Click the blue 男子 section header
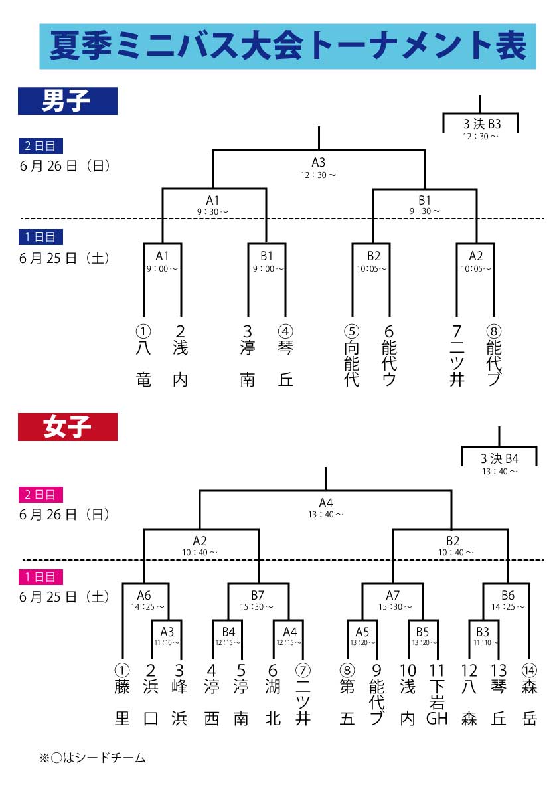pos(67,101)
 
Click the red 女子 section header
pos(67,427)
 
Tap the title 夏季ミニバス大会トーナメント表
pos(287,46)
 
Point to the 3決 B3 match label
pos(481,123)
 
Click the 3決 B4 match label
pos(499,458)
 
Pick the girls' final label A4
pos(325,502)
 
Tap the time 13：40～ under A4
pos(325,514)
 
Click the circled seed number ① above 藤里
pos(122,670)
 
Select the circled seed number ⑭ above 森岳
pos(529,670)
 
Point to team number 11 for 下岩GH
pos(436,670)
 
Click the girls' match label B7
pos(258,595)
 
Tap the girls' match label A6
pos(144,595)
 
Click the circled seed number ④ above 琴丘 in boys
pos(285,331)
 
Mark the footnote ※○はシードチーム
pos(92,758)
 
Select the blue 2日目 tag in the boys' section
pos(42,146)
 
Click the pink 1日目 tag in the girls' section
pos(42,577)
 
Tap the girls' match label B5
pos(423,631)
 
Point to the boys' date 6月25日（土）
pos(64,258)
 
